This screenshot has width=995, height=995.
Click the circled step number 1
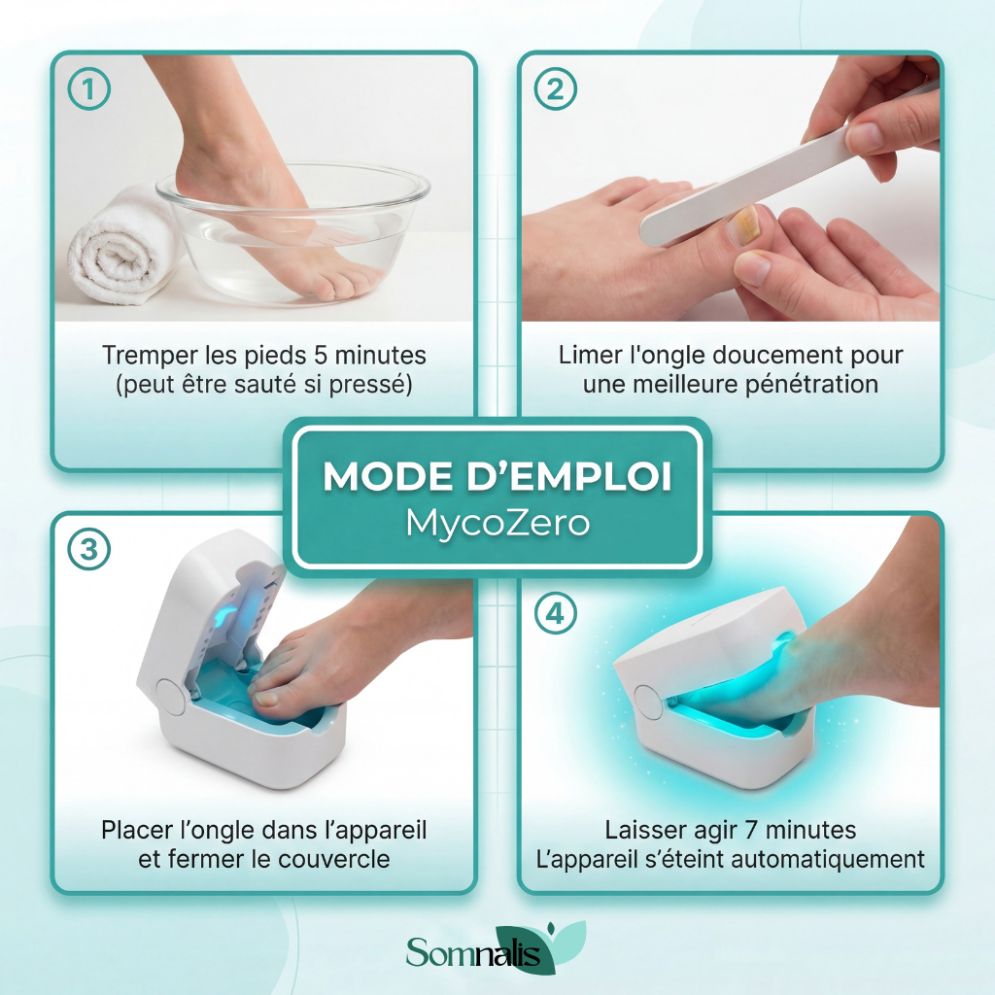tap(88, 88)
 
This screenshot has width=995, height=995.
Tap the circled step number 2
tap(555, 88)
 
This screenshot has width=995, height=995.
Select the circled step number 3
tap(88, 549)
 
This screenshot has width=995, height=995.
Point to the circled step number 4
tap(555, 614)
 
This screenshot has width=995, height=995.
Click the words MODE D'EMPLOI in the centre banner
tap(497, 476)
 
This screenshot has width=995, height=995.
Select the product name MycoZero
tap(497, 524)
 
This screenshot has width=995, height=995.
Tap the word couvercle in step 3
tap(334, 859)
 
